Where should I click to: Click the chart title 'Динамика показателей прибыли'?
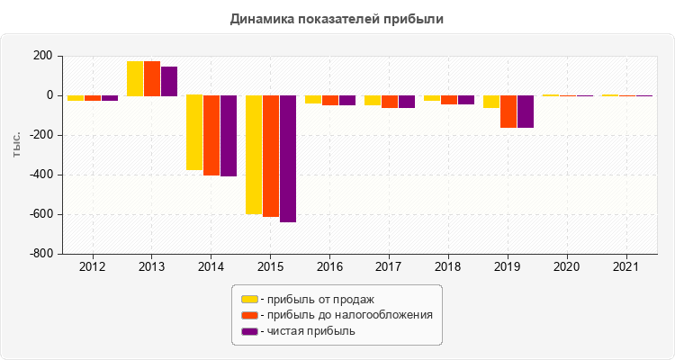click(337, 18)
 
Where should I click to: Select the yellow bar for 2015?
click(254, 154)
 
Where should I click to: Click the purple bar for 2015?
click(288, 158)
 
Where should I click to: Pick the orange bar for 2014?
click(211, 135)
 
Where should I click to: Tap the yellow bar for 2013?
click(135, 78)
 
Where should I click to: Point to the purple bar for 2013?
click(169, 81)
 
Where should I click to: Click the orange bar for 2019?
click(508, 112)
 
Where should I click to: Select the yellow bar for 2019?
click(491, 102)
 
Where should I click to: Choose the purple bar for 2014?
click(229, 136)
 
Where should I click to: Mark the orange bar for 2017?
click(390, 102)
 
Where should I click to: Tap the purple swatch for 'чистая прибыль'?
click(249, 331)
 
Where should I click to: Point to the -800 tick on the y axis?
click(42, 254)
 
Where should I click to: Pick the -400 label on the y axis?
click(42, 175)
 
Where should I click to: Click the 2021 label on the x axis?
click(626, 267)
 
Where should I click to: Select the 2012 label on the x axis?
click(92, 267)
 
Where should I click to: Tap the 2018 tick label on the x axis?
click(448, 267)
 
